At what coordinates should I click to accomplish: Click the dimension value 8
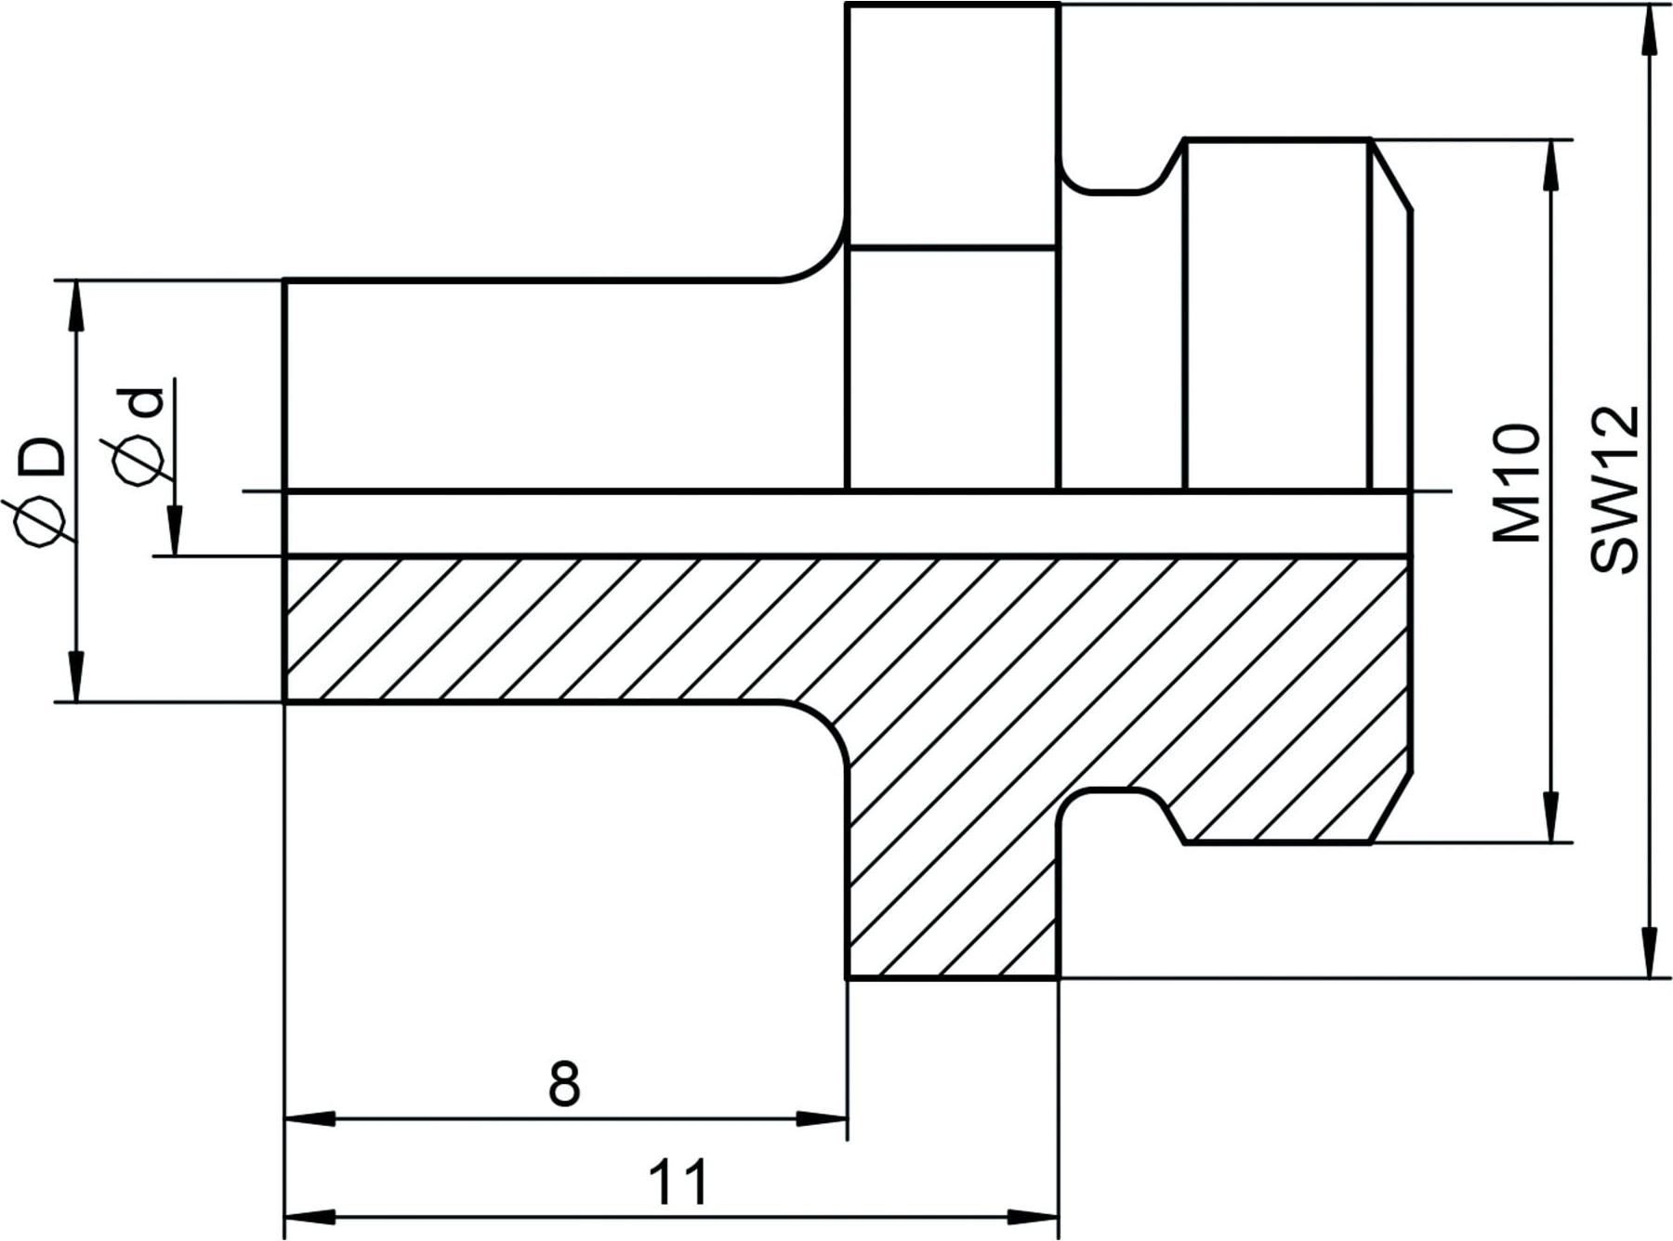[x=564, y=1083]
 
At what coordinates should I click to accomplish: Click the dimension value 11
[x=678, y=1182]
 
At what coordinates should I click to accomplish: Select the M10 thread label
[x=1516, y=483]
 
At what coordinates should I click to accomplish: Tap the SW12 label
[x=1614, y=489]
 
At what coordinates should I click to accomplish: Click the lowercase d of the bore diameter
[x=140, y=401]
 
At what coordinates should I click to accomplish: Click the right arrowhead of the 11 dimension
[x=1034, y=1216]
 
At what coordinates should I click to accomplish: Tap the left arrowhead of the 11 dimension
[x=310, y=1216]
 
